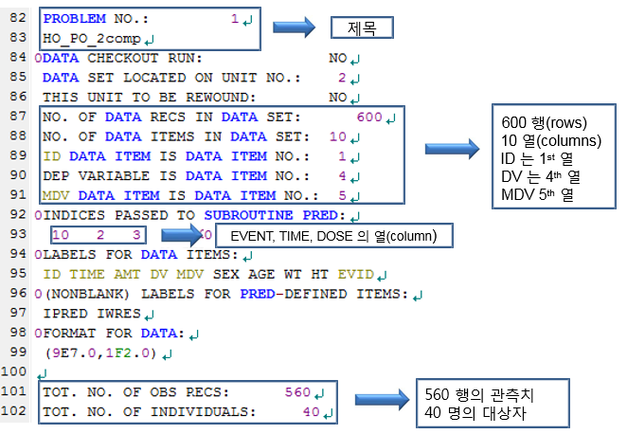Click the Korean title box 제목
click(x=361, y=29)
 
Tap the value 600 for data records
click(x=369, y=118)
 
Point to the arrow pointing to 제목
click(x=294, y=27)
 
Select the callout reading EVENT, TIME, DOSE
click(x=332, y=235)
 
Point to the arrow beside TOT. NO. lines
click(x=378, y=403)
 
